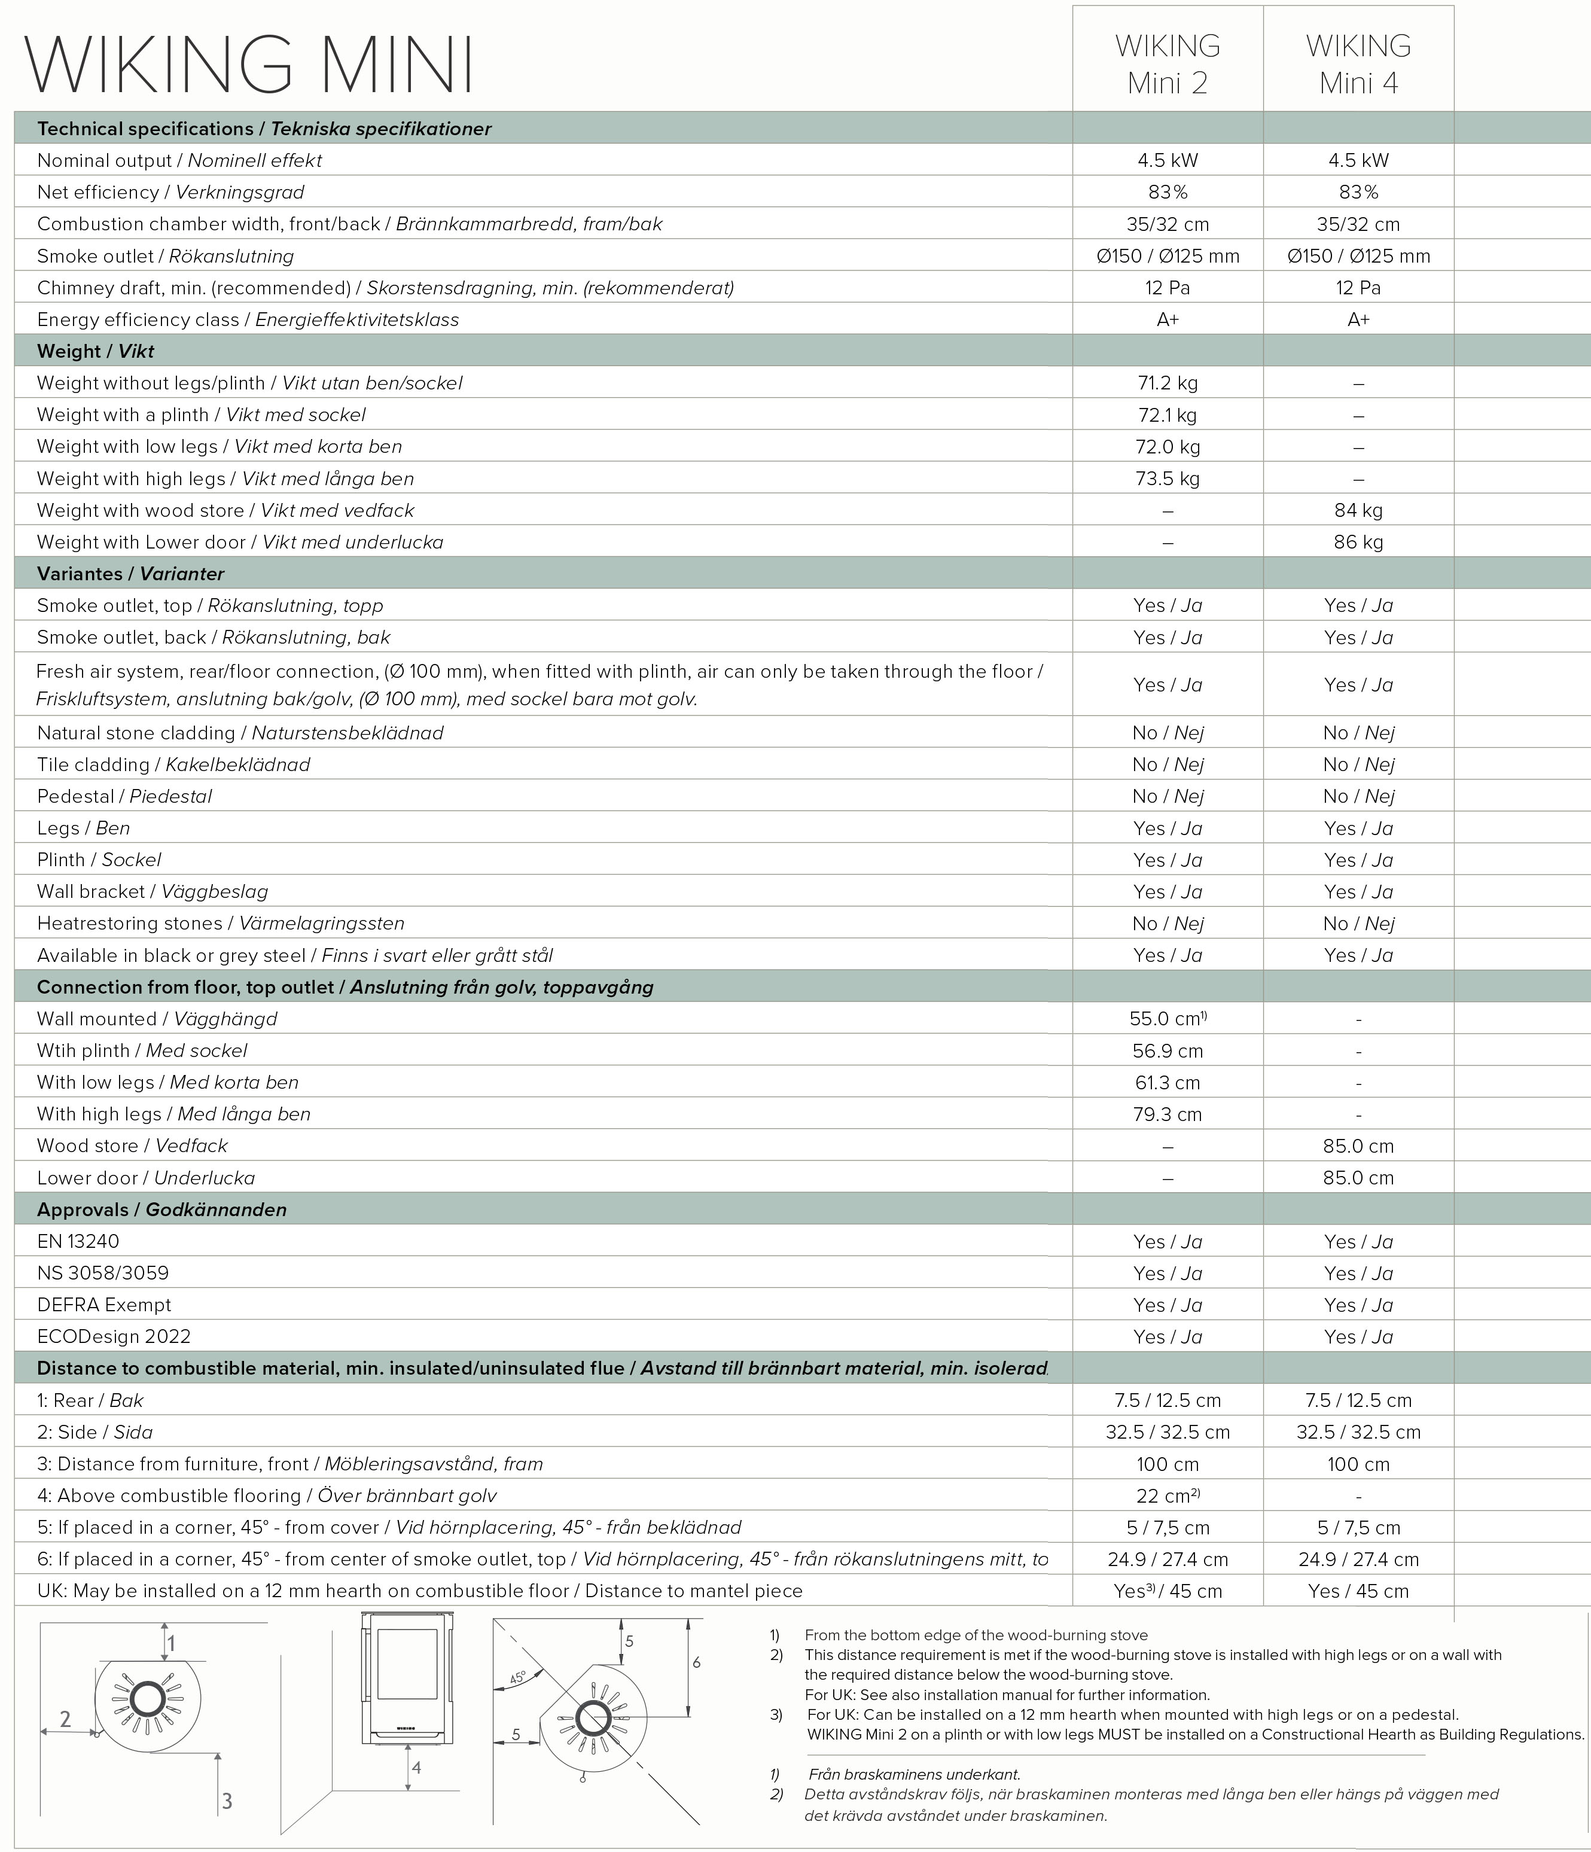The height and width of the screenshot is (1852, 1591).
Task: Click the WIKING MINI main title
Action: (x=248, y=65)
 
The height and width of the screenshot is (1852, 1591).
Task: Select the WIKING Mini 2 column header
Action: (x=1168, y=65)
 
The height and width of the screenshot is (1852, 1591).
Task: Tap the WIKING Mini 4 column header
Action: (x=1358, y=65)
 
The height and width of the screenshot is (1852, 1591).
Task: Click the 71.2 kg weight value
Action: (x=1168, y=383)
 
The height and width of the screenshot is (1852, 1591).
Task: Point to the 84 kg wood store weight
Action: (x=1358, y=510)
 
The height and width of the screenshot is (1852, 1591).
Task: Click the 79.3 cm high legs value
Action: (x=1168, y=1114)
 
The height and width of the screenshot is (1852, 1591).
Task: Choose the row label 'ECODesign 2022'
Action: (x=114, y=1337)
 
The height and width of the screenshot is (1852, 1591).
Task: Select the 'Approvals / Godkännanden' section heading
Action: (x=161, y=1210)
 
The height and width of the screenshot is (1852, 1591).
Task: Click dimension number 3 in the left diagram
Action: (x=227, y=1801)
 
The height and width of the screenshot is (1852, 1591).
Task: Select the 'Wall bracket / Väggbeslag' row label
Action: (x=152, y=892)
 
